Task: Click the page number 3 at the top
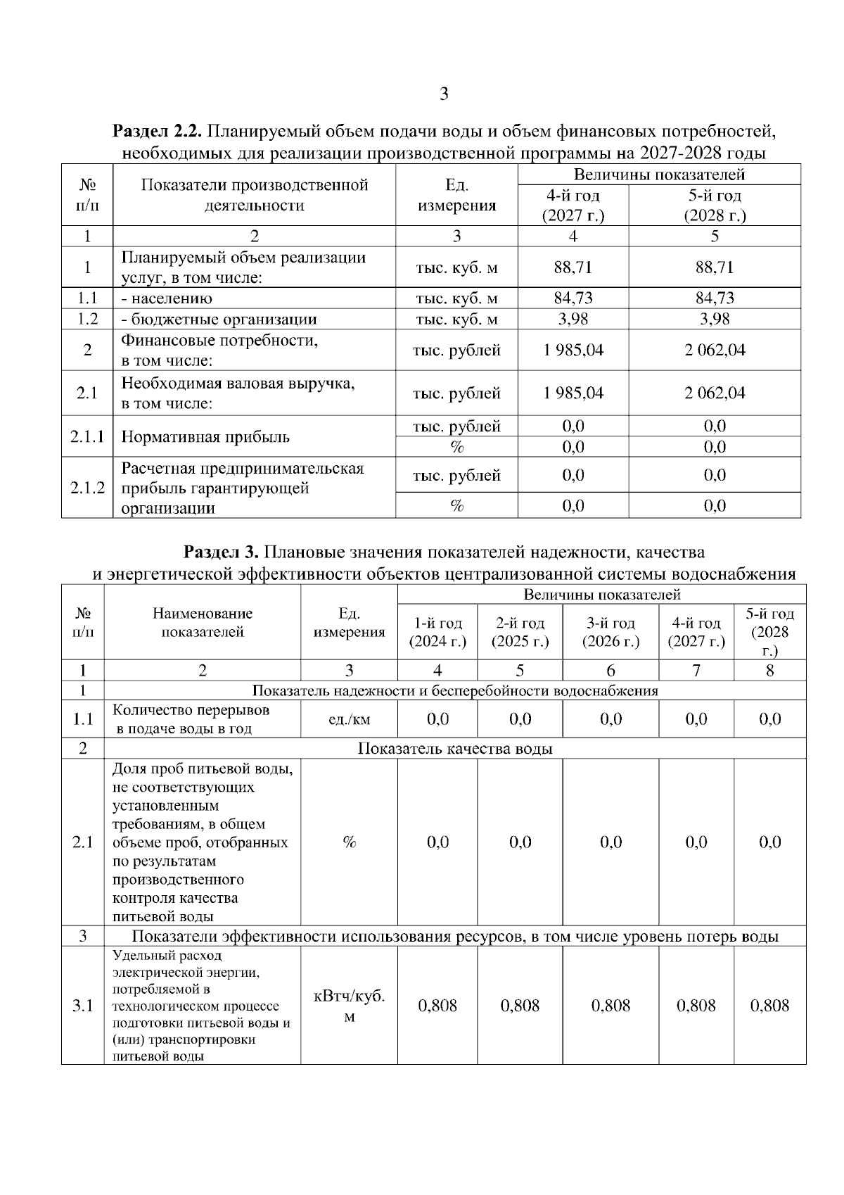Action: point(443,94)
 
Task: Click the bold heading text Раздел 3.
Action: point(222,551)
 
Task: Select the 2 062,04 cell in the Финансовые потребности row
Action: point(715,350)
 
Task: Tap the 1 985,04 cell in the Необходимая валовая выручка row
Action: point(573,393)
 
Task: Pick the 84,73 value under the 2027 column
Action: point(573,298)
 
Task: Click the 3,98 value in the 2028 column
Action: point(715,319)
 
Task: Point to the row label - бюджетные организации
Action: point(219,320)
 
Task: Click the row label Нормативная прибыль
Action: point(205,437)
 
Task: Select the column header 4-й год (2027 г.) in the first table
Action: point(573,205)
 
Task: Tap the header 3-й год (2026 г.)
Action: point(610,632)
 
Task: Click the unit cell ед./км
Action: point(349,719)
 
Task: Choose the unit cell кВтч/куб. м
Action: point(349,1006)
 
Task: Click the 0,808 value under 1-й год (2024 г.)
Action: point(437,1006)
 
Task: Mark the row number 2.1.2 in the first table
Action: point(87,488)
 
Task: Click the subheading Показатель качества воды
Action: point(455,748)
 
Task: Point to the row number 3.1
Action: point(82,1006)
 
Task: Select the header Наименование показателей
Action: point(203,622)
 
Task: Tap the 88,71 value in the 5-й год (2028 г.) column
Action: point(715,267)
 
